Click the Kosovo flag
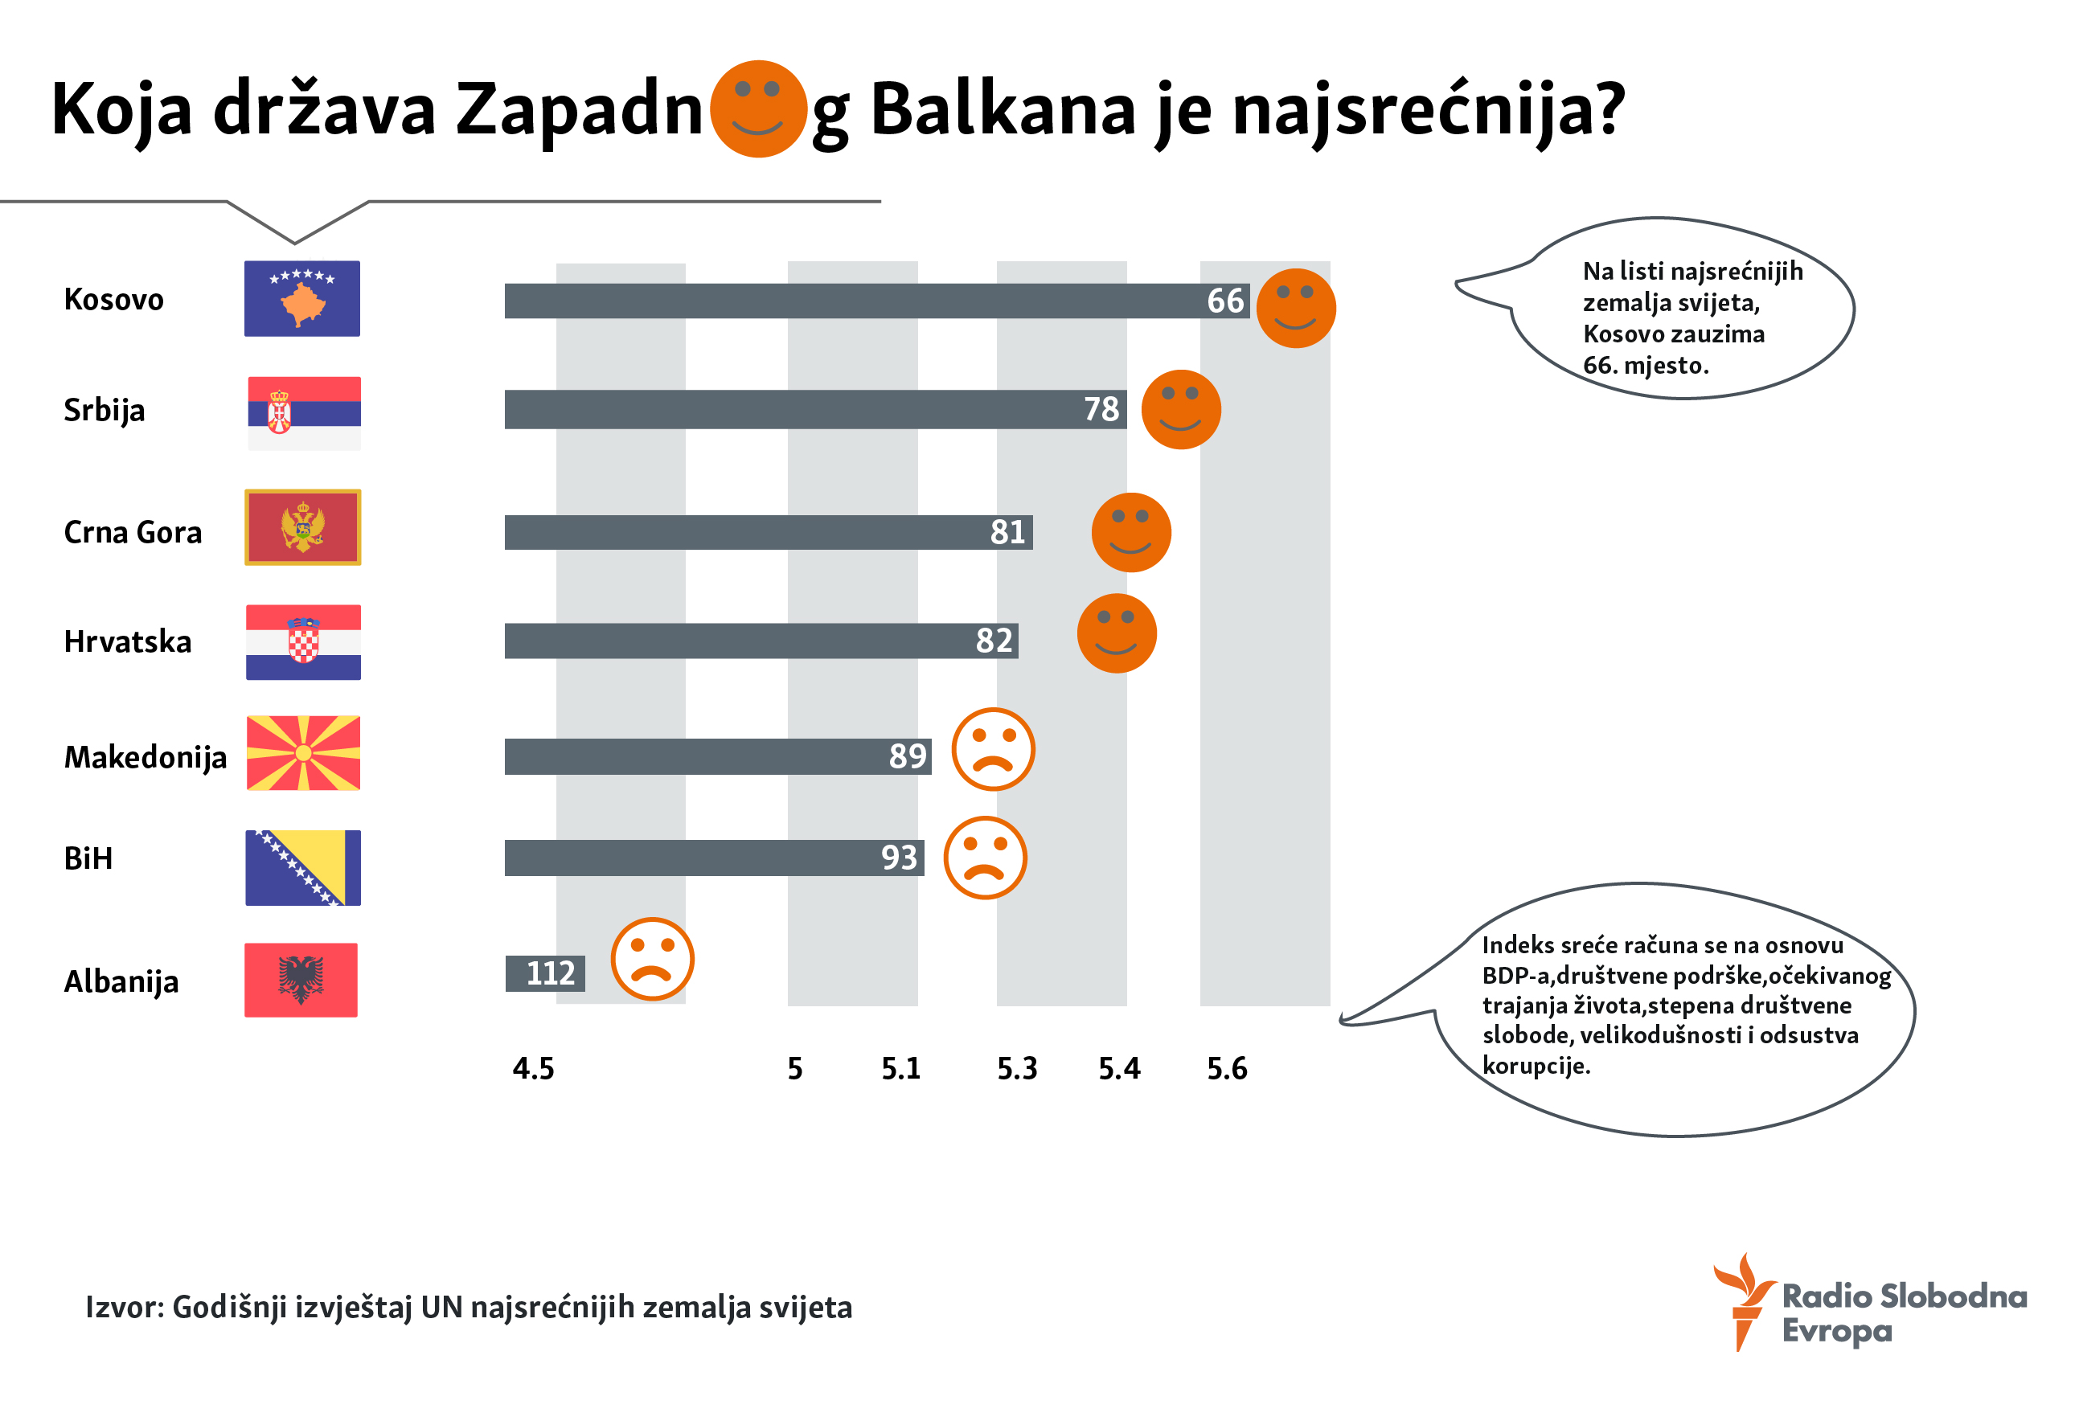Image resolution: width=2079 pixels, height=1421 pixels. (302, 299)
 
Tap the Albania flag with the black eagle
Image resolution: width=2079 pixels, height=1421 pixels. (301, 980)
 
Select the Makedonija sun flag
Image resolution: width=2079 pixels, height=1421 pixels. (303, 753)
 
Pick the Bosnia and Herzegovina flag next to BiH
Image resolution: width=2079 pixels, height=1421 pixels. (303, 867)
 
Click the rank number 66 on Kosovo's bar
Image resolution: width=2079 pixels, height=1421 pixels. (1224, 301)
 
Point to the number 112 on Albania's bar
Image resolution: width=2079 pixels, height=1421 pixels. (549, 973)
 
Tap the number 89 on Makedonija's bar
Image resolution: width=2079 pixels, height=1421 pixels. (907, 756)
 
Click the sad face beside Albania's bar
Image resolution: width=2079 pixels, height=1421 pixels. (652, 959)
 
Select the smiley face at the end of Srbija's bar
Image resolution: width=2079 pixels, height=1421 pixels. (1181, 410)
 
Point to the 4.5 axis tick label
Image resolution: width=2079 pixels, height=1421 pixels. (533, 1069)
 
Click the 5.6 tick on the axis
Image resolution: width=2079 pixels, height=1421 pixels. (1227, 1069)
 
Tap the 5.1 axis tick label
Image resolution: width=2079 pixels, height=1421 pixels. (901, 1069)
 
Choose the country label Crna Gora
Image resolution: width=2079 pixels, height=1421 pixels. (133, 532)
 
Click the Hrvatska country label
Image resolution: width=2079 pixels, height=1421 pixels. (127, 642)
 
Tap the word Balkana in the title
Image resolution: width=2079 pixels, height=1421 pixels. (1002, 110)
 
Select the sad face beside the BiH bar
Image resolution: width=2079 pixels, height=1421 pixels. (985, 858)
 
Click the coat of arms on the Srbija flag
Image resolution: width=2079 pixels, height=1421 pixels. (279, 412)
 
